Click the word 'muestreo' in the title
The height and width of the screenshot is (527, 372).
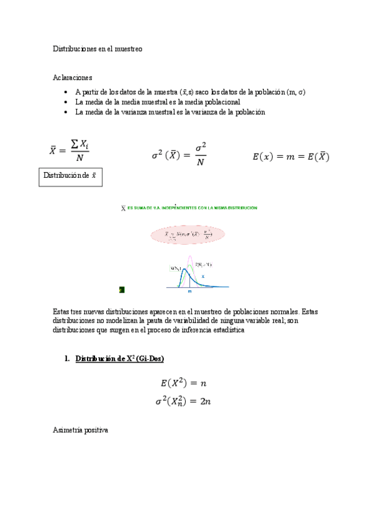[x=128, y=48]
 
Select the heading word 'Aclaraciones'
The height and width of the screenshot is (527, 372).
[x=73, y=78]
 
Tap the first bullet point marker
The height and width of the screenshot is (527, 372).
[x=66, y=92]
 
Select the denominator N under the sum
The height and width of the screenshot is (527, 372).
[x=80, y=158]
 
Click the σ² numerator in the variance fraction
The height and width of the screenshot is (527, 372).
[x=200, y=147]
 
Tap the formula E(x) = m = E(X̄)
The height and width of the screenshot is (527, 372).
[x=291, y=157]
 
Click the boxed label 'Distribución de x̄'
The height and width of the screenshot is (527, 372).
[x=70, y=176]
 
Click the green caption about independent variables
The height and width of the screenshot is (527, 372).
[x=189, y=208]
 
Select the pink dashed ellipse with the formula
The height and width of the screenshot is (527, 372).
[x=187, y=234]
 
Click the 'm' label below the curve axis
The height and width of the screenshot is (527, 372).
[x=189, y=291]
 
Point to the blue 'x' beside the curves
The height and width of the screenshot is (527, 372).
[x=202, y=275]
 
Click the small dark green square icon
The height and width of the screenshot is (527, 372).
[x=122, y=289]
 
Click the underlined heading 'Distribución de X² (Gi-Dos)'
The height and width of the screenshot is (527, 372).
[x=119, y=359]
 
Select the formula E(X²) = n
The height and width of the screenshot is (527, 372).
[x=184, y=384]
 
